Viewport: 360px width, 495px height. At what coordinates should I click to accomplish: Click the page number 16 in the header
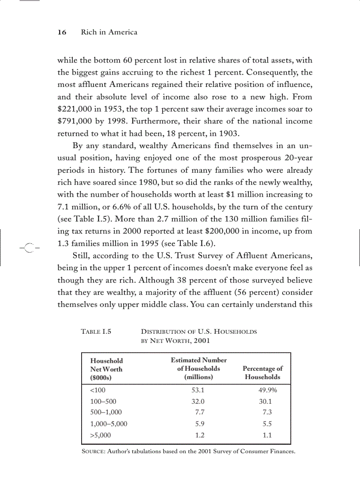(x=62, y=32)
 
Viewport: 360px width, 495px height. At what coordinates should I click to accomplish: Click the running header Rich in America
(x=109, y=32)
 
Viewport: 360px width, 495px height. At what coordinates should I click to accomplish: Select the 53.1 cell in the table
(x=198, y=390)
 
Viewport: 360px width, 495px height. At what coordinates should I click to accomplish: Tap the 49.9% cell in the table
(x=267, y=390)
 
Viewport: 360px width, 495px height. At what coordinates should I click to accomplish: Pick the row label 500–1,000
(x=106, y=412)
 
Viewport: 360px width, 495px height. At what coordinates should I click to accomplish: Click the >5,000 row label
(x=100, y=435)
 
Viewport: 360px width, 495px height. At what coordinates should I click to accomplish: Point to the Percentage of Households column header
(x=263, y=372)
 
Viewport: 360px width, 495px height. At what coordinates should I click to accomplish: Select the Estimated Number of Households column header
(x=199, y=368)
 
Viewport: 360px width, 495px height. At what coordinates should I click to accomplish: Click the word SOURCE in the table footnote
(x=92, y=452)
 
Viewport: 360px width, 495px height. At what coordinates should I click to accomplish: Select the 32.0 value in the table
(x=198, y=402)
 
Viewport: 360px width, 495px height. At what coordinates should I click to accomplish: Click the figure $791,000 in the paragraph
(x=75, y=121)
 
